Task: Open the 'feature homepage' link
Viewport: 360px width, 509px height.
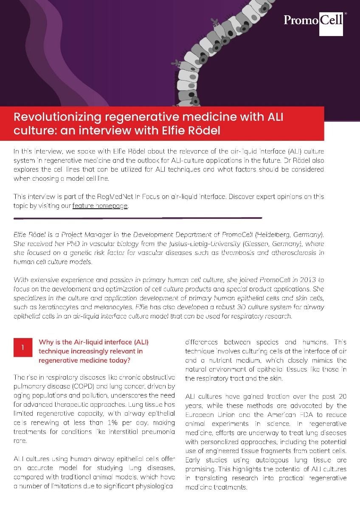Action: pyautogui.click(x=100, y=206)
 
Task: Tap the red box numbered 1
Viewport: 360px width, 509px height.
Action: pyautogui.click(x=22, y=347)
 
